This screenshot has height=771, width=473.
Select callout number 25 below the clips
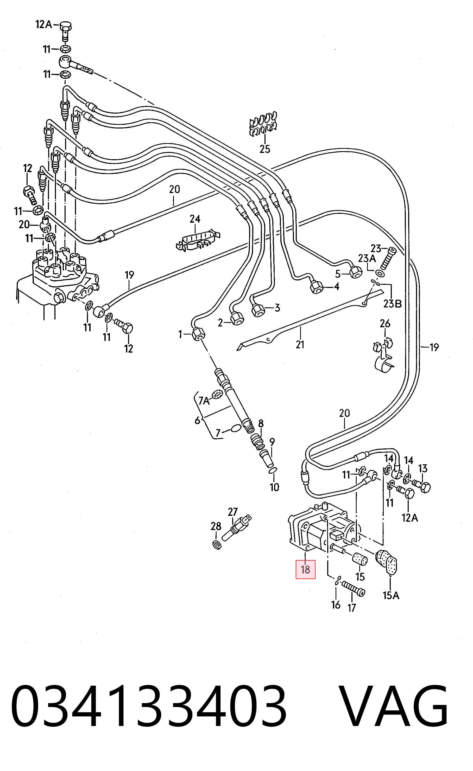265,149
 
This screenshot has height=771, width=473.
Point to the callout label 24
195,219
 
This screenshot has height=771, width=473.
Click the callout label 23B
393,304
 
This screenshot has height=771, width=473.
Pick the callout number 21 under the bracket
300,344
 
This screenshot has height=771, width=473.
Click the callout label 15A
391,595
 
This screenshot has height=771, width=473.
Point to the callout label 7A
204,401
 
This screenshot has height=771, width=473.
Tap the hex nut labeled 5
355,272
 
